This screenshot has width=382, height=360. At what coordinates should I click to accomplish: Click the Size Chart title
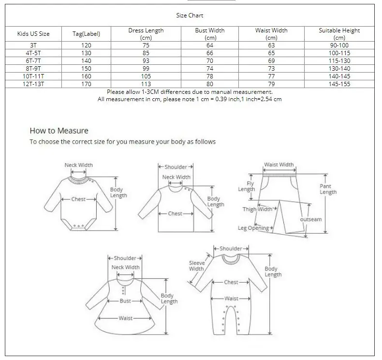point(190,15)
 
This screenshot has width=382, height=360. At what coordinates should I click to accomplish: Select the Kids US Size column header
point(33,34)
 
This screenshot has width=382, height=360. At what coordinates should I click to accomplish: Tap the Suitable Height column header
point(339,34)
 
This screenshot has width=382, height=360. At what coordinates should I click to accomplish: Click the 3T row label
point(33,45)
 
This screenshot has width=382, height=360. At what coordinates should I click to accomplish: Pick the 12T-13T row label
point(33,84)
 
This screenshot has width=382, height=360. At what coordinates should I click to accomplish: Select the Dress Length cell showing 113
point(146,84)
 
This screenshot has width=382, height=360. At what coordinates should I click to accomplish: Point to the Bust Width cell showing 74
point(210,69)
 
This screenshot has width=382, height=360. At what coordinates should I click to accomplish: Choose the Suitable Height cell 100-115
point(339,53)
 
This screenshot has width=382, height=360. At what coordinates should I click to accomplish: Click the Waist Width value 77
point(271,76)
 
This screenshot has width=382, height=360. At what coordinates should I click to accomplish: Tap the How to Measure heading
point(59,131)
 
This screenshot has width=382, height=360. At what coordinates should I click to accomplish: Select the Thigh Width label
point(258,210)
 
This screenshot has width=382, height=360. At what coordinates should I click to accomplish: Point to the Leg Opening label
point(253,228)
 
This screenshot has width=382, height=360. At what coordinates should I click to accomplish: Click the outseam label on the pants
point(310,219)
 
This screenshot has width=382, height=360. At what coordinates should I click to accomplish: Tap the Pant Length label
point(328,189)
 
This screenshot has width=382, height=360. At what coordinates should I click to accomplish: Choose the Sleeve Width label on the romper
point(196,266)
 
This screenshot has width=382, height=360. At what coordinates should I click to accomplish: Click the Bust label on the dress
point(125,301)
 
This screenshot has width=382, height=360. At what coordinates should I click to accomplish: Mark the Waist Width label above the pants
point(279,165)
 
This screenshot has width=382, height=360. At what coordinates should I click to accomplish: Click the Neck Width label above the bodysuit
point(79,165)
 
